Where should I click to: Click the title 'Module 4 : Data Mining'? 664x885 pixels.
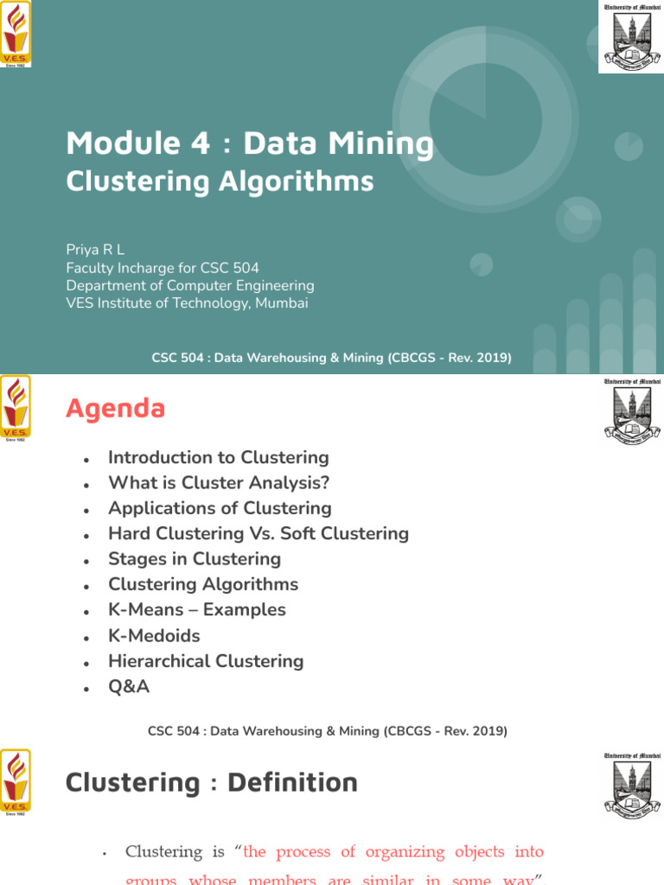pos(250,143)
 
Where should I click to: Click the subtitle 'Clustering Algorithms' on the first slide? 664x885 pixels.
pos(220,181)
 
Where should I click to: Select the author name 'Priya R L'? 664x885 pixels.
pos(97,250)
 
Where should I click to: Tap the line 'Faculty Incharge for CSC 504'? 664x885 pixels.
pos(163,268)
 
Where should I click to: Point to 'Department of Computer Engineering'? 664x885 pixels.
pos(190,285)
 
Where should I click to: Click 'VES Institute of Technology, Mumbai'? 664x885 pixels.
pos(187,303)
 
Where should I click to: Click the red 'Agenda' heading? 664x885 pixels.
pos(115,408)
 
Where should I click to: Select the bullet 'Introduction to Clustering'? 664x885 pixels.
pos(218,457)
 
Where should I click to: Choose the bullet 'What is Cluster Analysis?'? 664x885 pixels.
pos(219,483)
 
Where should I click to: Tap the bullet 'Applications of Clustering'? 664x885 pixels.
pos(220,508)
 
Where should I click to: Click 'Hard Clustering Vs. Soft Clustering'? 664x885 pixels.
pos(258,533)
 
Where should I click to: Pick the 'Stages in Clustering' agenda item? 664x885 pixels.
pos(194,559)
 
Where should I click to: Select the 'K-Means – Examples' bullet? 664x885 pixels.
pos(196,609)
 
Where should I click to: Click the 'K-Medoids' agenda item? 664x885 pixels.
pos(154,636)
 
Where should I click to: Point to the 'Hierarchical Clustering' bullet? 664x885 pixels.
pos(206,661)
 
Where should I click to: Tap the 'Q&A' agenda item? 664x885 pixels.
pos(129,686)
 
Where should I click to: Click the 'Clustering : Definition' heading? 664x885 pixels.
pos(212,783)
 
